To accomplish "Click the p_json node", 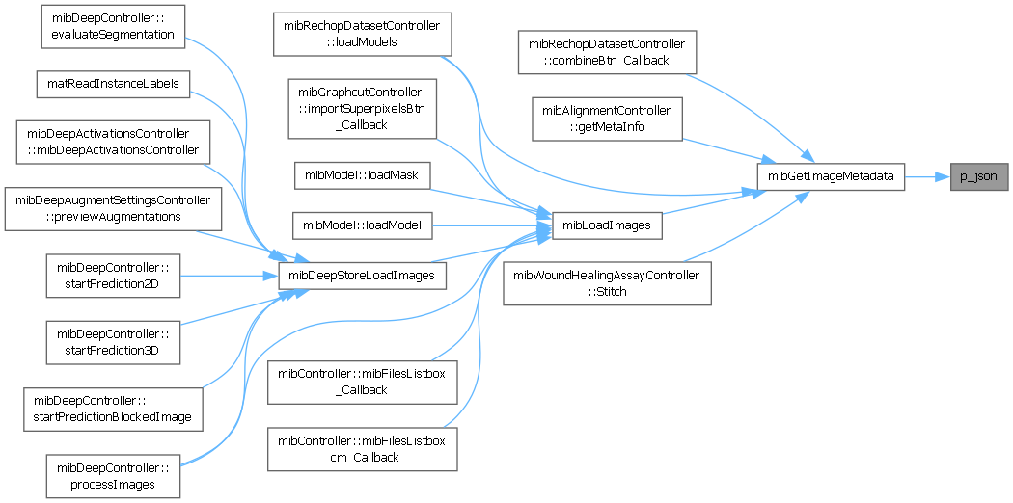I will click(979, 177).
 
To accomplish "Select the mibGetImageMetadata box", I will click(831, 177).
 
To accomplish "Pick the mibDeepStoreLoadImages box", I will click(362, 276).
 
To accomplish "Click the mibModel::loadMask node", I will click(362, 176).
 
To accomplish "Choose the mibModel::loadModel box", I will click(362, 226).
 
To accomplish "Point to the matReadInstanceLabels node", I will click(113, 84).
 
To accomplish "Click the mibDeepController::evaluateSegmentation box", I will click(113, 25).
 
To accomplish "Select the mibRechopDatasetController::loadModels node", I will click(362, 35).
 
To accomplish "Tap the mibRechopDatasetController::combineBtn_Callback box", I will click(606, 51).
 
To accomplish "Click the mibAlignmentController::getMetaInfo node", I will click(606, 118).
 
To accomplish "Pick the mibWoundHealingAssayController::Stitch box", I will click(606, 283).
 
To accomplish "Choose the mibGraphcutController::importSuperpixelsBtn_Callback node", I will click(362, 108).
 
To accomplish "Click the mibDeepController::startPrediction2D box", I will click(113, 275).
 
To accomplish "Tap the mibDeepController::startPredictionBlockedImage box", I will click(113, 409).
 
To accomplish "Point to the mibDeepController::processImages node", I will click(113, 476).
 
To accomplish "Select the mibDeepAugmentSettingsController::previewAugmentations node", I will click(113, 209).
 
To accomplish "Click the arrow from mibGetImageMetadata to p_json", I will click(927, 177).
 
